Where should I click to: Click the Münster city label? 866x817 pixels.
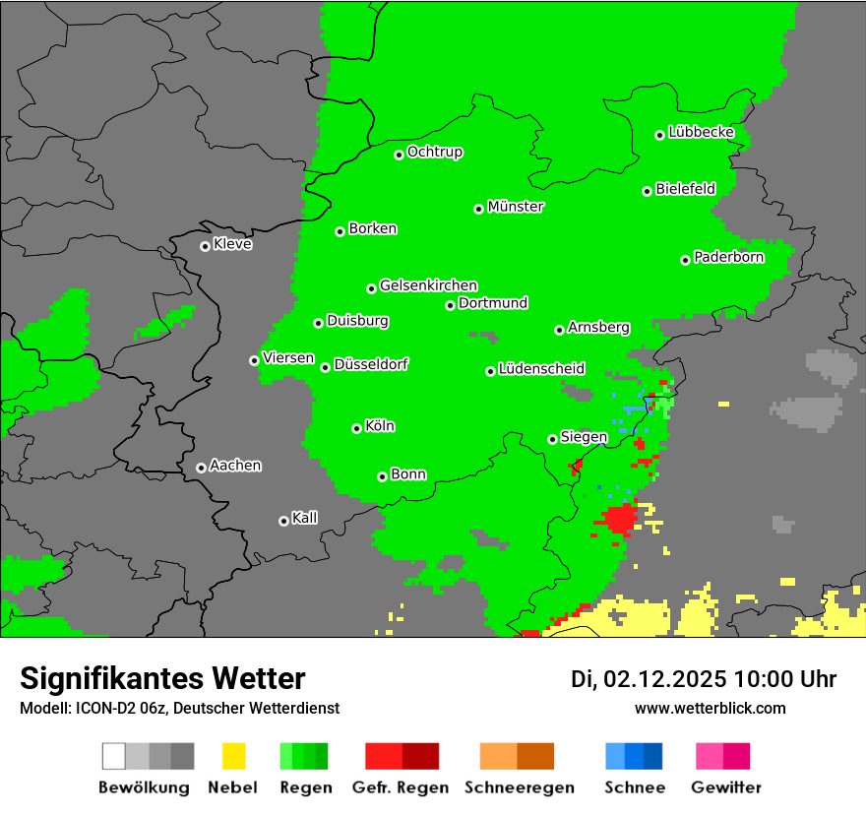pyautogui.click(x=516, y=207)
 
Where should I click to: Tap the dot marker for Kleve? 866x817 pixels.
pyautogui.click(x=205, y=246)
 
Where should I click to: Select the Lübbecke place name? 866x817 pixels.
pyautogui.click(x=701, y=132)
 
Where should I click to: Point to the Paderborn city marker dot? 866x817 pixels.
pyautogui.click(x=685, y=260)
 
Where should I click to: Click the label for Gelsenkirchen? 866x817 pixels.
pyautogui.click(x=428, y=285)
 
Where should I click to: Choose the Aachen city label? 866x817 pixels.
pyautogui.click(x=235, y=466)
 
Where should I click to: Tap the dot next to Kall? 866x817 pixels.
pyautogui.click(x=283, y=521)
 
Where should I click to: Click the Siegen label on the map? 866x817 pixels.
pyautogui.click(x=584, y=437)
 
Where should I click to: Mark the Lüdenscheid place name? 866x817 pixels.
pyautogui.click(x=541, y=369)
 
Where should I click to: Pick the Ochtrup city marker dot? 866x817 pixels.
pyautogui.click(x=399, y=155)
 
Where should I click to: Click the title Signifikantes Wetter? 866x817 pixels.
pyautogui.click(x=162, y=678)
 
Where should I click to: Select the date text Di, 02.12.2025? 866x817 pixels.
pyautogui.click(x=648, y=679)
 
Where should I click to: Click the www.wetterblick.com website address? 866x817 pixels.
pyautogui.click(x=710, y=708)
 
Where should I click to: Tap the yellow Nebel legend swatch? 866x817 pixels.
pyautogui.click(x=233, y=756)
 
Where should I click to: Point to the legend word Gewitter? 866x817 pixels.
pyautogui.click(x=725, y=787)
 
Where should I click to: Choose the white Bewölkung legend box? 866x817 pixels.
pyautogui.click(x=114, y=756)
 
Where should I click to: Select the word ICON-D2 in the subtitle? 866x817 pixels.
pyautogui.click(x=101, y=708)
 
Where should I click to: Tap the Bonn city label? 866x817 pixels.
pyautogui.click(x=408, y=474)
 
